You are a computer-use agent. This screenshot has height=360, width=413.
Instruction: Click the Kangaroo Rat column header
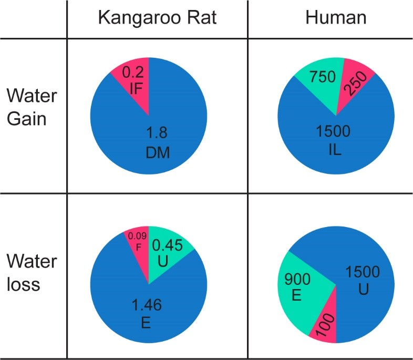(157, 18)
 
